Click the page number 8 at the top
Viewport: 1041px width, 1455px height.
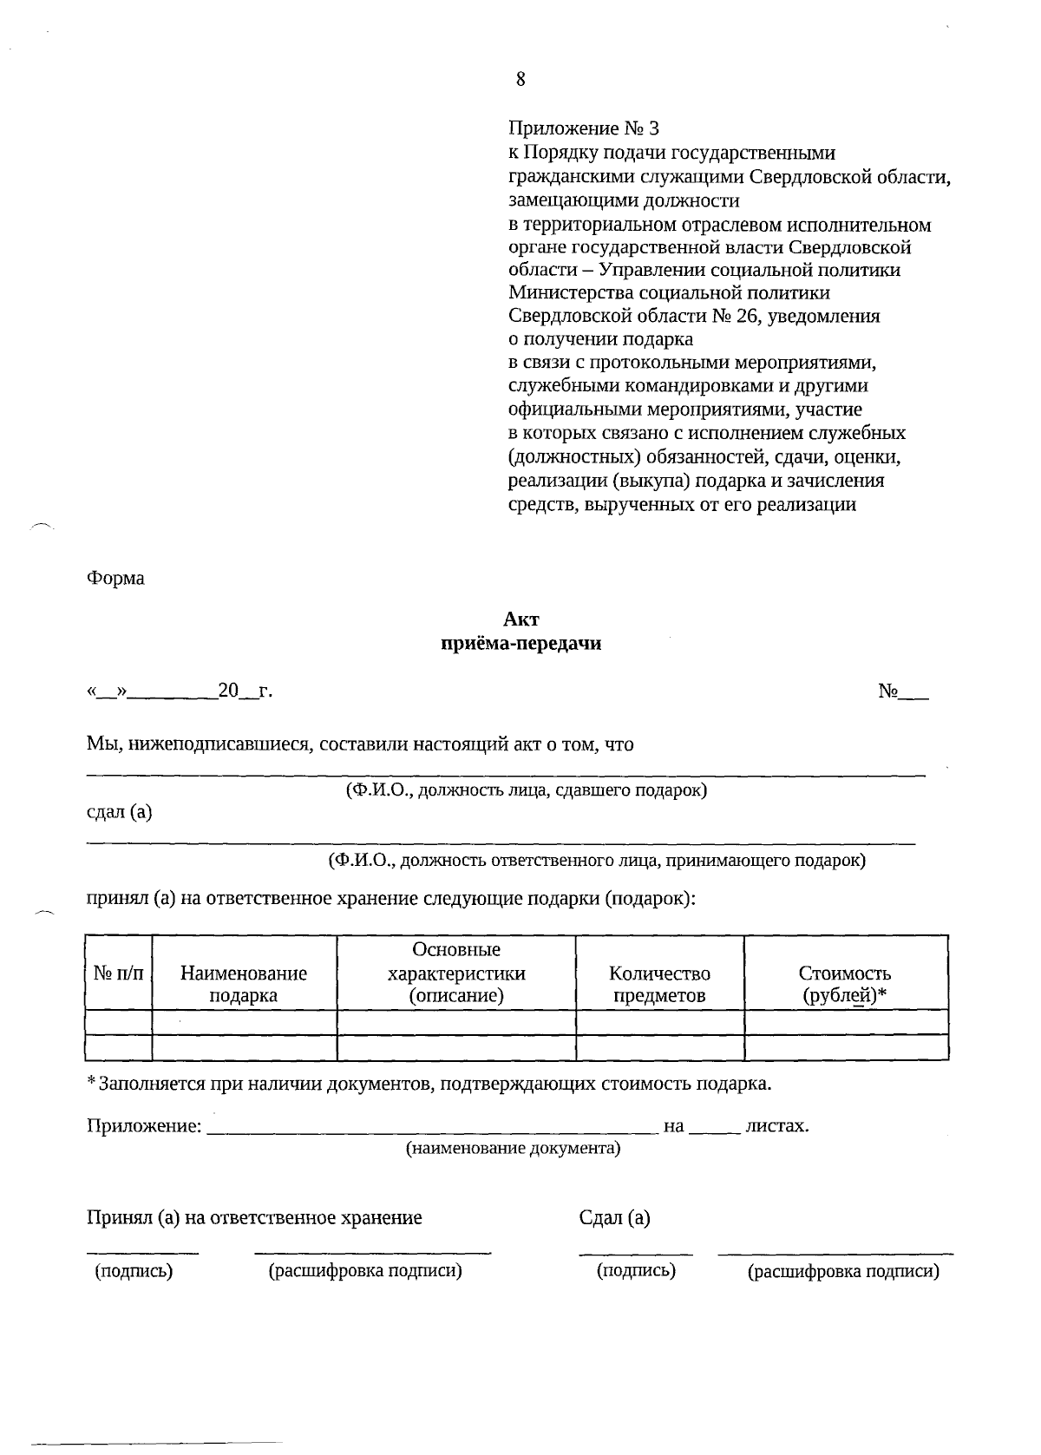520,80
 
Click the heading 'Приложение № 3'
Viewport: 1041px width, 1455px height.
583,129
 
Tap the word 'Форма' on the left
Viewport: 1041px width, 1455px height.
115,578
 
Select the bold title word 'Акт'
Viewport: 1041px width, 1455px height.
520,619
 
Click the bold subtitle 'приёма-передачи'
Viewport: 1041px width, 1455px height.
520,644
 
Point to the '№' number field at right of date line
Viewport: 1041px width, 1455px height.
902,691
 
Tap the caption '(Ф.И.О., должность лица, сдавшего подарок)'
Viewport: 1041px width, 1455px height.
527,790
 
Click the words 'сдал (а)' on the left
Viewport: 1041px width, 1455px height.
120,813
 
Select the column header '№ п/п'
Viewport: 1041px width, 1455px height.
119,973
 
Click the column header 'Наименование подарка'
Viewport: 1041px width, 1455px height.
244,984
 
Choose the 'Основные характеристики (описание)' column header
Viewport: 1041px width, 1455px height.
456,973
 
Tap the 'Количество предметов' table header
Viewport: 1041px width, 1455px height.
659,984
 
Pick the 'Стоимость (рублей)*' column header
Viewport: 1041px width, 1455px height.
845,984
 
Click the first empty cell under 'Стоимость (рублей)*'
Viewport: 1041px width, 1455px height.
846,1021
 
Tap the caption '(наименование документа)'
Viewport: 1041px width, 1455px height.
514,1149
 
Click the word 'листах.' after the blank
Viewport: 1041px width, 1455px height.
777,1126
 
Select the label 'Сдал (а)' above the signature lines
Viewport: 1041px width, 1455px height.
614,1217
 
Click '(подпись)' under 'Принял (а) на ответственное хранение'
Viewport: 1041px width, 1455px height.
134,1271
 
